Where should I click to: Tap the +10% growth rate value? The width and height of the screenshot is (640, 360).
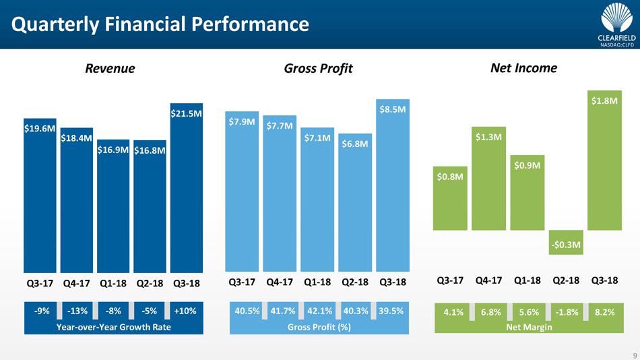tap(185, 311)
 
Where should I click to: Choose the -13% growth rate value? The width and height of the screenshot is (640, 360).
tap(77, 311)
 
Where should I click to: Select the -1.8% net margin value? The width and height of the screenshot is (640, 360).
tap(566, 312)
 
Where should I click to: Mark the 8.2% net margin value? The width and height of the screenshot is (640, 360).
tap(604, 312)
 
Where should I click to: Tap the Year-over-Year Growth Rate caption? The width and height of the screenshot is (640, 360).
tap(113, 327)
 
